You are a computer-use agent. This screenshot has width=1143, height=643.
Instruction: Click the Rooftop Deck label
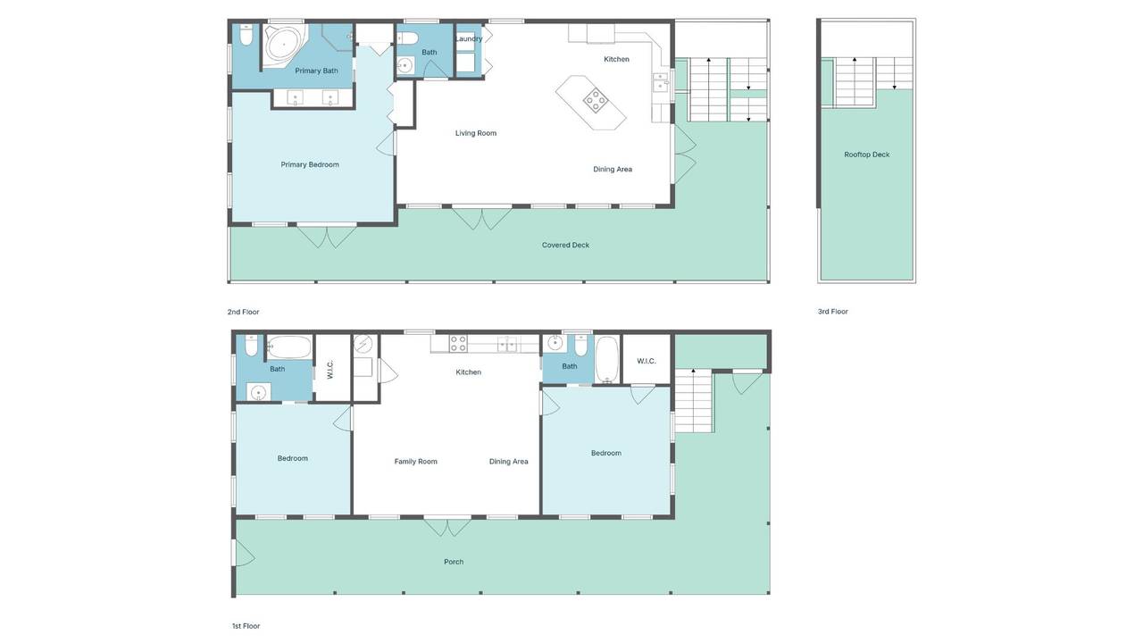(x=866, y=154)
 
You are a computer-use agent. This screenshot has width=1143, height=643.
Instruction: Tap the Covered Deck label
(x=565, y=245)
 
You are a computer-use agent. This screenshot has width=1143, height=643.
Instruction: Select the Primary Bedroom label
(x=310, y=164)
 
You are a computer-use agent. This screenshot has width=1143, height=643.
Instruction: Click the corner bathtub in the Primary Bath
(x=284, y=45)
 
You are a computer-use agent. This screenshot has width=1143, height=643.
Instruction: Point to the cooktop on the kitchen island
(x=596, y=99)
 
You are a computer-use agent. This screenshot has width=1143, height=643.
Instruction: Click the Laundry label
(x=469, y=38)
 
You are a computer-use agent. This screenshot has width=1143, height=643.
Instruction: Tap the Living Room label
(x=476, y=133)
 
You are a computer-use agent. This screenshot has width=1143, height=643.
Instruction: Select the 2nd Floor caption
(x=244, y=312)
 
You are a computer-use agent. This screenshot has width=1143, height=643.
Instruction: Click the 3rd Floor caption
(x=833, y=312)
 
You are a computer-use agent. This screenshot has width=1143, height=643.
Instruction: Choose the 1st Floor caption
(x=246, y=626)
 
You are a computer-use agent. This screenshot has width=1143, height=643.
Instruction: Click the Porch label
(x=454, y=562)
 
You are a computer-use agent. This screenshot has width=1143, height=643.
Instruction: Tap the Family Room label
(x=416, y=462)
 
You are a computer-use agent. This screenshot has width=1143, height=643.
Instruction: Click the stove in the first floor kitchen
(x=458, y=343)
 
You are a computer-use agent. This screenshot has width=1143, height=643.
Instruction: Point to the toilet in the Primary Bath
(x=246, y=35)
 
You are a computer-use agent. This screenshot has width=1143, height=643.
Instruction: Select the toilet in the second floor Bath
(x=407, y=38)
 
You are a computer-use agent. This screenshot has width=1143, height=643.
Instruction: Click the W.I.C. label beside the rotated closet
(x=330, y=370)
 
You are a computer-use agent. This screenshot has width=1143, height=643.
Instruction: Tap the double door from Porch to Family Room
(x=447, y=527)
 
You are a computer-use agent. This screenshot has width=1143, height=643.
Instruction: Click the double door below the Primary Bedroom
(x=327, y=236)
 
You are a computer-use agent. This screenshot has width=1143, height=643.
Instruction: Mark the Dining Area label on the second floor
(x=613, y=170)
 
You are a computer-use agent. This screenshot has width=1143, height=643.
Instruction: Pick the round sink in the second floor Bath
(x=405, y=66)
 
